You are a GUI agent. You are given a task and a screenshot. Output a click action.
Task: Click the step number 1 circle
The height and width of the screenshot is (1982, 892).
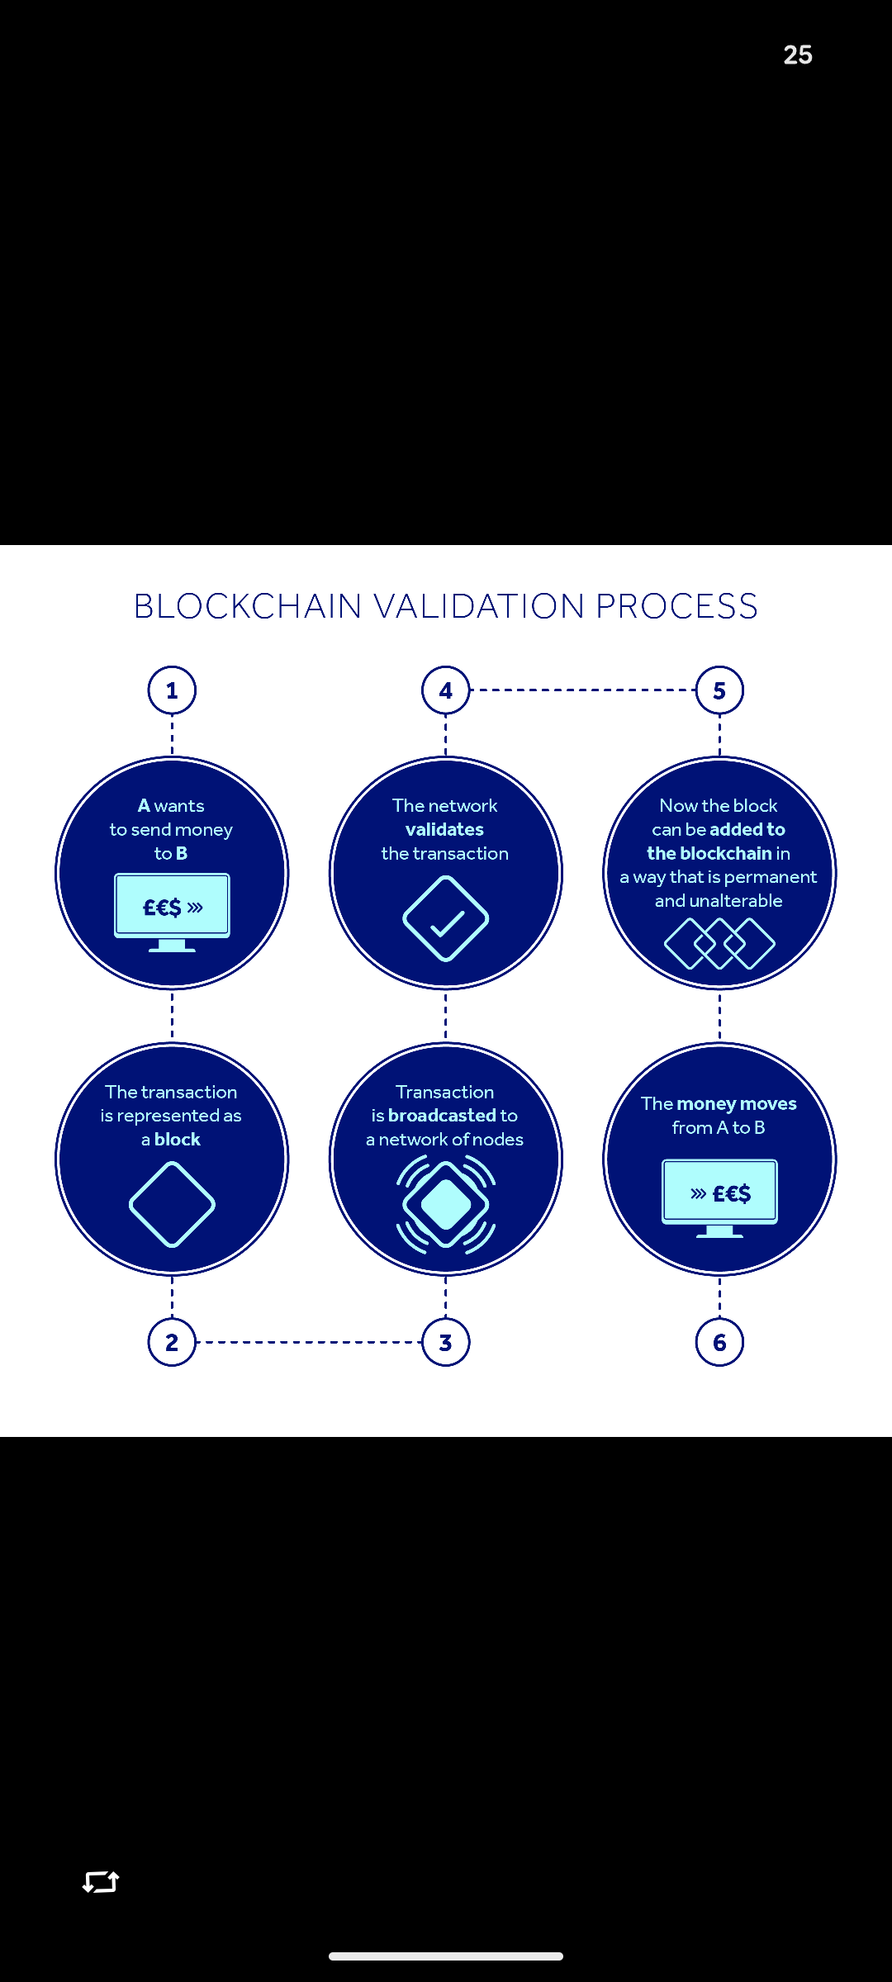172,690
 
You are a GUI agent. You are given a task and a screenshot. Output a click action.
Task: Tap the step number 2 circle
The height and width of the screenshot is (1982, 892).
172,1342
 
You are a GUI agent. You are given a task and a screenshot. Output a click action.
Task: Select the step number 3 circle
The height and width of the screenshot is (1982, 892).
446,1342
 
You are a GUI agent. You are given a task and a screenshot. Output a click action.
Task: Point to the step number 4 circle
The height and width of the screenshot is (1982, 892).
446,690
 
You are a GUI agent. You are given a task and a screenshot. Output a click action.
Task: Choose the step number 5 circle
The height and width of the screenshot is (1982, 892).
719,690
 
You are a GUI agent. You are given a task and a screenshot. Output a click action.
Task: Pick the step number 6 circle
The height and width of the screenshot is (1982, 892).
719,1342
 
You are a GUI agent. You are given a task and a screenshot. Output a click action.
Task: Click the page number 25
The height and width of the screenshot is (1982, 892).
798,55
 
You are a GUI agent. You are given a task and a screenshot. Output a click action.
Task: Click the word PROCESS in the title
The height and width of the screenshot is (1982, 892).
676,606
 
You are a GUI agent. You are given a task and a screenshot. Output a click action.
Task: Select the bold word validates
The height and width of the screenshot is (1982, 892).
444,829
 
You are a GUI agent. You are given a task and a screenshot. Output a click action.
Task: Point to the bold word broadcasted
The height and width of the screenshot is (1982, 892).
441,1116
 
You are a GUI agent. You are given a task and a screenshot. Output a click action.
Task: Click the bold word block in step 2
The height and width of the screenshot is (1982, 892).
178,1140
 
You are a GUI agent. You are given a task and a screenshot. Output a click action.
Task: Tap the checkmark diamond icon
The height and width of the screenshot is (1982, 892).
446,919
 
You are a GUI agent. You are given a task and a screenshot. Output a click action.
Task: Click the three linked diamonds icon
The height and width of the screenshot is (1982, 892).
719,943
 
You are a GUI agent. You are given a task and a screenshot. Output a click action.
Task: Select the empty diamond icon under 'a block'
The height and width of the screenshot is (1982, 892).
172,1204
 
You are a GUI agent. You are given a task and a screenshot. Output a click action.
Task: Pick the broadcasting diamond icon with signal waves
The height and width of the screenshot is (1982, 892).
446,1204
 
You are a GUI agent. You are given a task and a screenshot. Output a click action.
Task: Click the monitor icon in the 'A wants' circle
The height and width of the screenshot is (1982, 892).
172,911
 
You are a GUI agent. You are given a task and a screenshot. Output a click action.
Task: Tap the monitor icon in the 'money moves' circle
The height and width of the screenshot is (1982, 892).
719,1197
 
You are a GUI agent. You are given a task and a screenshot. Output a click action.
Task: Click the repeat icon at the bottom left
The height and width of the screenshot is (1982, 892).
101,1882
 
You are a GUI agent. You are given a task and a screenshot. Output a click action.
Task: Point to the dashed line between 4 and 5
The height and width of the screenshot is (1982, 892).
582,690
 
